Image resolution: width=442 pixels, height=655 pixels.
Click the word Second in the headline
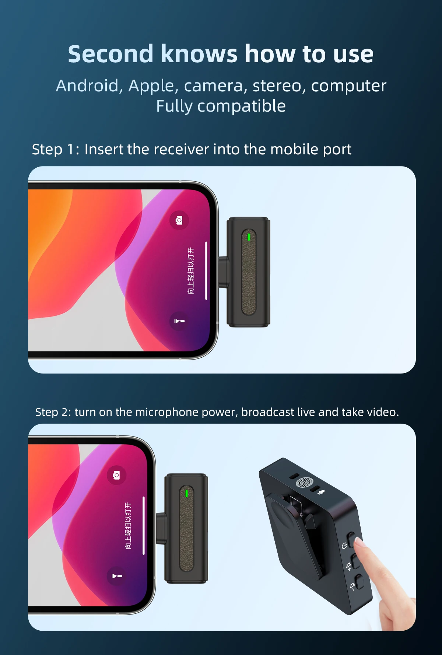coord(110,54)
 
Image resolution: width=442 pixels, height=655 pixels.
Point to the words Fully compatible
coord(221,106)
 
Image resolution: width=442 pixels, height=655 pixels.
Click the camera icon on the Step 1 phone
coord(179,220)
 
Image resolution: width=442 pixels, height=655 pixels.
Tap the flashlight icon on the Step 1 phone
coord(179,321)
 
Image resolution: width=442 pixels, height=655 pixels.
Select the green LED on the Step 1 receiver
coord(249,237)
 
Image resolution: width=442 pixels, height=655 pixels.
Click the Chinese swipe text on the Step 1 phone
coord(191,271)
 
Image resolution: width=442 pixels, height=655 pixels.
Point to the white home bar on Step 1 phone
coord(206,271)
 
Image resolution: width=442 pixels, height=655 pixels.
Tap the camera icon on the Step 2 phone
coord(116,475)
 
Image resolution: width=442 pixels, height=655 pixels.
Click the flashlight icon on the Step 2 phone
coord(116,576)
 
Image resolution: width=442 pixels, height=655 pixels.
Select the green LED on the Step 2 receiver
coord(187,493)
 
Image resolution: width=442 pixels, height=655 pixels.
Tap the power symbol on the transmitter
coord(344,546)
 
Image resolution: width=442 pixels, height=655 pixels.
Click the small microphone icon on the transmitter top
coord(321,492)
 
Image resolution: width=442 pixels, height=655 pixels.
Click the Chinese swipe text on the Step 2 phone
coord(128,526)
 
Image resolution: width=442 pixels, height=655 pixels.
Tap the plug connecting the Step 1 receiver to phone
coord(224,272)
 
